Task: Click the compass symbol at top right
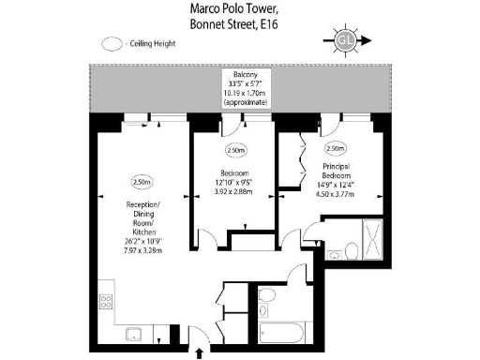coord(346,40)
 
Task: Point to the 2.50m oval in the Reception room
coord(142,181)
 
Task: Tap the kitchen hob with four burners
coord(105,302)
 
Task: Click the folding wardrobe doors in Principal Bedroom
coord(302,150)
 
